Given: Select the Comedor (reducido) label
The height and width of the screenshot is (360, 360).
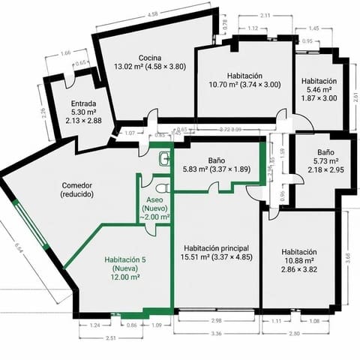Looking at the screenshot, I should click(78, 187).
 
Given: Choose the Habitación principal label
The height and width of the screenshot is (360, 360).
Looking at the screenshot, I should click(215, 252).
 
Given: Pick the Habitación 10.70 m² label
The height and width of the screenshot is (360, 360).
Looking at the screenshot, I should click(243, 79).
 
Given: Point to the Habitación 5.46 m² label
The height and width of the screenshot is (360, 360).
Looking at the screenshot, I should click(319, 88).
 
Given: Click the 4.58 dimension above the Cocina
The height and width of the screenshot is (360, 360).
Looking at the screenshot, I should click(153, 14).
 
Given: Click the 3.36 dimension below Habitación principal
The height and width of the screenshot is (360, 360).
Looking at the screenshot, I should click(216, 333).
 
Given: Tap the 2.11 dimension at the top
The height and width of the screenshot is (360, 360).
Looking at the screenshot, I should click(265, 16).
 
